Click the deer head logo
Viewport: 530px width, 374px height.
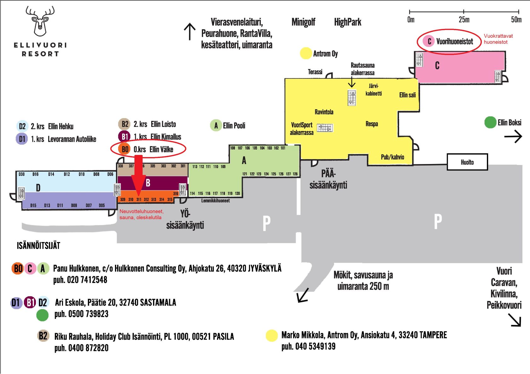pos(40,21)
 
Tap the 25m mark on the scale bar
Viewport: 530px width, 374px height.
pos(464,11)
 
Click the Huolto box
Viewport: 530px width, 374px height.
pos(467,162)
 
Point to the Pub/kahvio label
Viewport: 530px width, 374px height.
pos(392,157)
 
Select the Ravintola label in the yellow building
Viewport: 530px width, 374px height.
pos(324,112)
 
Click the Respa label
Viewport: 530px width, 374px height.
pos(372,124)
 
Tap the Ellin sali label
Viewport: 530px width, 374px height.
pos(407,95)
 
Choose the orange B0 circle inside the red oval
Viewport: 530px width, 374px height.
pos(124,149)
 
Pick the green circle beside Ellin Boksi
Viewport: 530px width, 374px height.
pos(490,122)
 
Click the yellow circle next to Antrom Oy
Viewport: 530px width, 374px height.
pos(306,53)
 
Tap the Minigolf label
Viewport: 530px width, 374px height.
pos(303,22)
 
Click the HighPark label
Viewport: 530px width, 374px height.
pos(348,22)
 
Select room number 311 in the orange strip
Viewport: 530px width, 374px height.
pos(139,199)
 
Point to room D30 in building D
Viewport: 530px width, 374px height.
pos(21,174)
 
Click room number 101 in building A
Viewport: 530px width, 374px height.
pos(283,148)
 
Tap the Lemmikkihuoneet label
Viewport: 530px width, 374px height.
pos(215,201)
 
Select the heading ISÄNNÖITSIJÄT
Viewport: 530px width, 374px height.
pos(38,246)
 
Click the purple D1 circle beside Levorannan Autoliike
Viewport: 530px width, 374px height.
pos(22,139)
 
